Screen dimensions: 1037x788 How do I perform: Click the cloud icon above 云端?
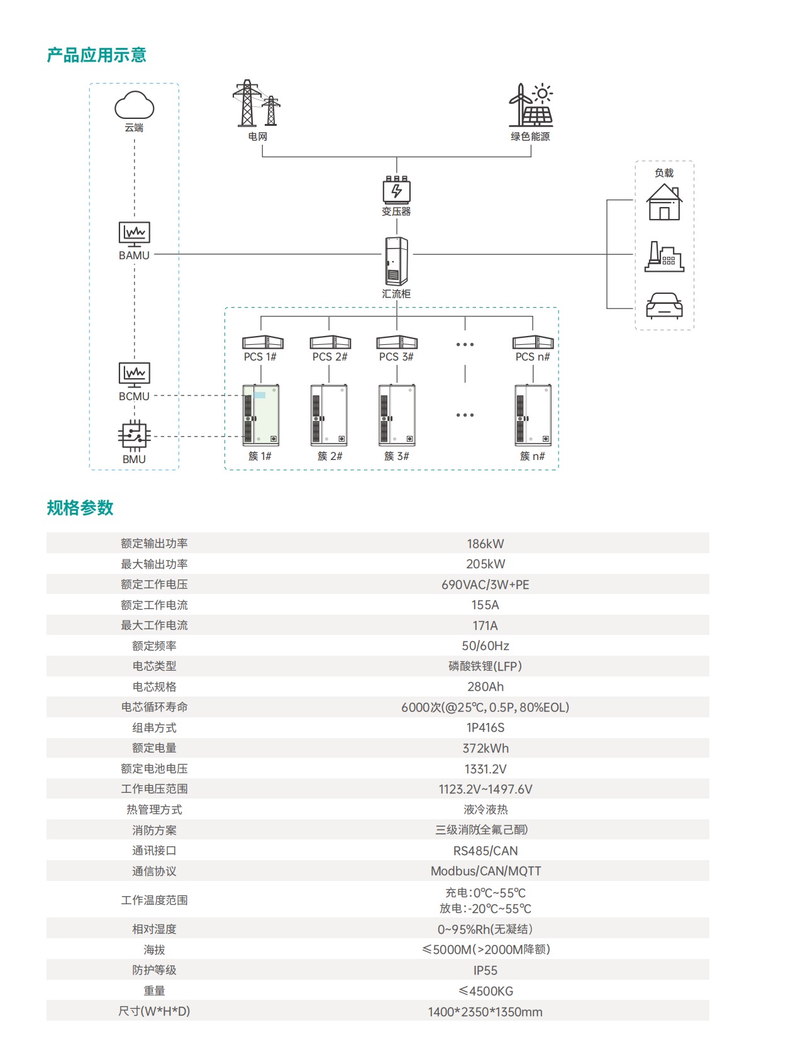134,105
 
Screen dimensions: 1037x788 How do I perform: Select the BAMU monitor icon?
134,233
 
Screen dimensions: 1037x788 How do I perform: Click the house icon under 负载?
664,203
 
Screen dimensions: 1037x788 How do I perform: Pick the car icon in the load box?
664,306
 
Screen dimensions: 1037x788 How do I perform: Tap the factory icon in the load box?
664,257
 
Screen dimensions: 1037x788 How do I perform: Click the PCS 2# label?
330,357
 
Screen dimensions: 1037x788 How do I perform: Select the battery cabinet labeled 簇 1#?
261,415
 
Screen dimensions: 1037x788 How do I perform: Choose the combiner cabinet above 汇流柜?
396,261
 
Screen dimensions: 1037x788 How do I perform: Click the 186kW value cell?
485,544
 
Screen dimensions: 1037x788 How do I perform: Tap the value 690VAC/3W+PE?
485,585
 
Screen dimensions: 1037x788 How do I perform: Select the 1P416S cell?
485,727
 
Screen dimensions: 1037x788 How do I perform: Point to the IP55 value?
485,970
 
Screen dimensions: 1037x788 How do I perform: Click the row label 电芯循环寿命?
154,707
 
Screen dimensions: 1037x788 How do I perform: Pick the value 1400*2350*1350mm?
485,1012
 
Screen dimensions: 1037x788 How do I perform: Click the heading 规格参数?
80,508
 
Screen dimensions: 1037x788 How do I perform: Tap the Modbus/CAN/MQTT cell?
485,871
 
